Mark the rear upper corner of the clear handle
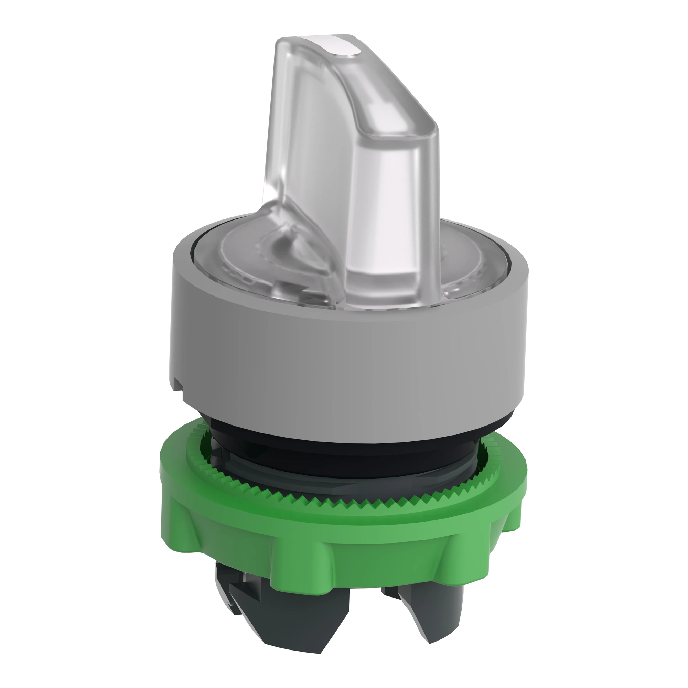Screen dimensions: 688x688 (x=281, y=46)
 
